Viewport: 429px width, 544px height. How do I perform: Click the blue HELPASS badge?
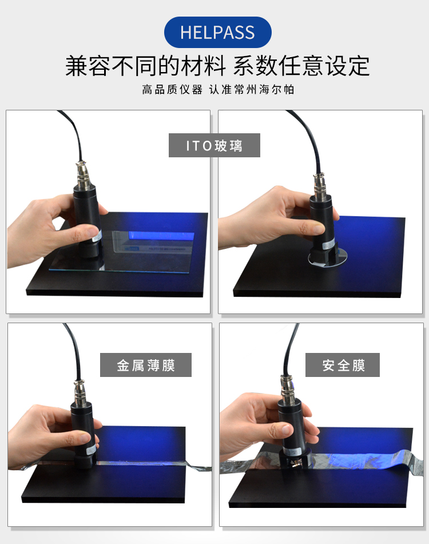pos(217,32)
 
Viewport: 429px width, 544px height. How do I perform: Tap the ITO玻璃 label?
pos(214,145)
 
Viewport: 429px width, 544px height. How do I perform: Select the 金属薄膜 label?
pos(145,365)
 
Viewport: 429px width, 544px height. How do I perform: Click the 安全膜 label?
pos(343,365)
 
